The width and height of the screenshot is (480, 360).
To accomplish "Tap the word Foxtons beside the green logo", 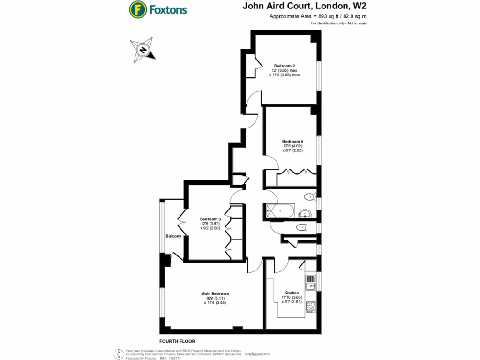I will click(168, 9).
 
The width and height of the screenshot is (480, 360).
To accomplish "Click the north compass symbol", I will click(142, 50).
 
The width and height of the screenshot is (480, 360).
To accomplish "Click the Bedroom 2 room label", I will click(284, 66).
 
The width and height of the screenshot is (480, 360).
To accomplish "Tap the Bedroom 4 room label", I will click(292, 141).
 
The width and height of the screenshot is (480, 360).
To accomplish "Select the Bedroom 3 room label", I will click(210, 219).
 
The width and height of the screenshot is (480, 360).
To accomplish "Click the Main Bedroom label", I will click(216, 293).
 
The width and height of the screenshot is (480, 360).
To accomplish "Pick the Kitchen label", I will click(291, 292).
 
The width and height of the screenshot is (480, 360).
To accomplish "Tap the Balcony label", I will click(173, 236).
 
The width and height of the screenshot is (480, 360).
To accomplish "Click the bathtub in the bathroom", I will click(280, 211).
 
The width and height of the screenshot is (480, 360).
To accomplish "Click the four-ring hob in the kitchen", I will click(310, 307).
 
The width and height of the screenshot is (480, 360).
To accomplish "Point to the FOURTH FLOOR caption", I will click(177, 341).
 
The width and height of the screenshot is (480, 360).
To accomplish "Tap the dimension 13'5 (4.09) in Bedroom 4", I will click(292, 146).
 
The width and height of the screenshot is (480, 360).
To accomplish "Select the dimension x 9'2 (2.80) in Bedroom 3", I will click(210, 228).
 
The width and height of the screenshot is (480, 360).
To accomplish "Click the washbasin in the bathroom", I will click(304, 213).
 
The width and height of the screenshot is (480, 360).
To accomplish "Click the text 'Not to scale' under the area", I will click(357, 23).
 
